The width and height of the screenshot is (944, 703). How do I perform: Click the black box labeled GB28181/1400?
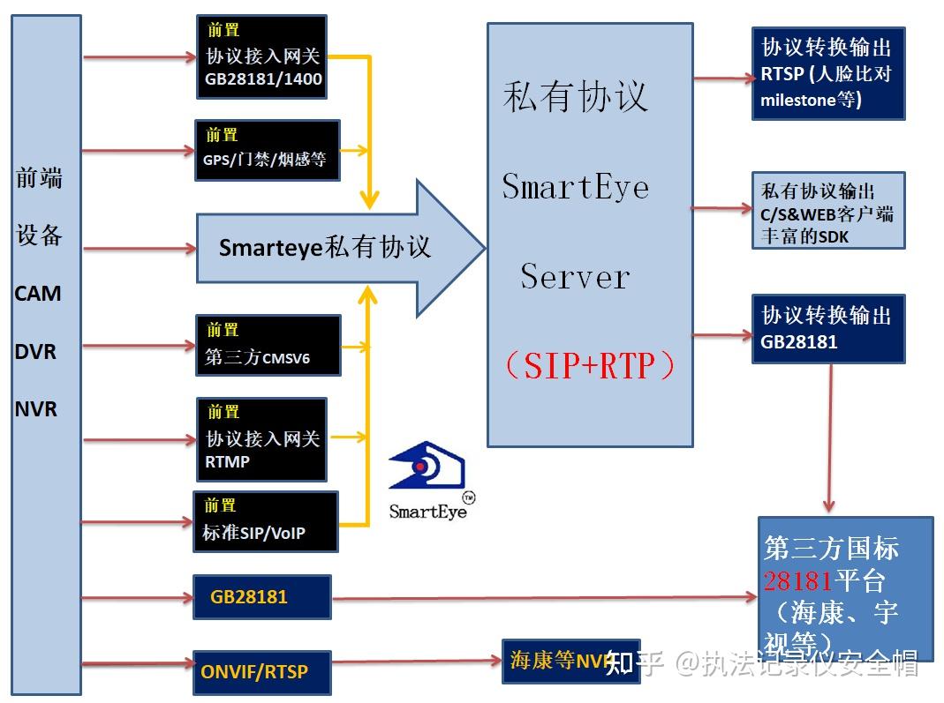click(262, 57)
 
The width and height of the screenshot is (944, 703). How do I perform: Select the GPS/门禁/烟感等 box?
click(268, 150)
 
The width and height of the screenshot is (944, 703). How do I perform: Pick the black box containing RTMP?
click(262, 438)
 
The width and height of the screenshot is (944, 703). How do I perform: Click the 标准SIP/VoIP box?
click(265, 522)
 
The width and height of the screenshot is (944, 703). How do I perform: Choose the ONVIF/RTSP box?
click(261, 672)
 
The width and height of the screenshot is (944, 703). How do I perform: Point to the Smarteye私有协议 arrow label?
click(325, 247)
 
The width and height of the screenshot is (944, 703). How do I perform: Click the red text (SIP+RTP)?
click(589, 366)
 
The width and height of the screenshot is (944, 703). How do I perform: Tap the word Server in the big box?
click(575, 277)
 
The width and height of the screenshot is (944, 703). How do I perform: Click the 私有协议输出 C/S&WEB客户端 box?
click(827, 211)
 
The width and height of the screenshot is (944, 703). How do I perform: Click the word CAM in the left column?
click(38, 294)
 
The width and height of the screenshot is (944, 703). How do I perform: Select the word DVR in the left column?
click(35, 351)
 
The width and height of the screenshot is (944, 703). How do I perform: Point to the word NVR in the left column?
click(36, 409)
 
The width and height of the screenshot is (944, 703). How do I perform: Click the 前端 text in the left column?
click(40, 178)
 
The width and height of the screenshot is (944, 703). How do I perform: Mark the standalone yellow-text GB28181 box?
click(261, 597)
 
